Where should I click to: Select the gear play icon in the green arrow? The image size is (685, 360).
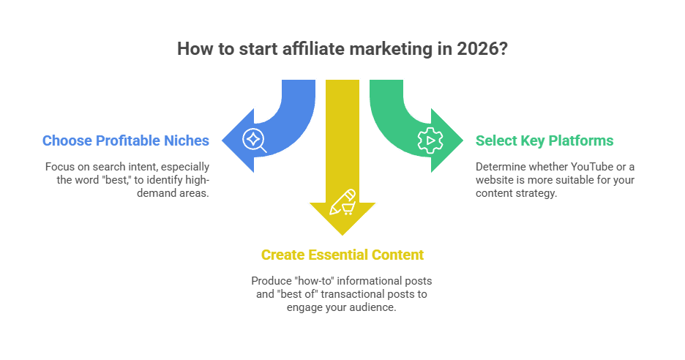coord(430,139)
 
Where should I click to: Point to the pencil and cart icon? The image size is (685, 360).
coord(342,202)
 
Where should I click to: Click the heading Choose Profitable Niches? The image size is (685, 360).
coord(126,140)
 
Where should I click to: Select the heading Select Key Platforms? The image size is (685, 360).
coord(544,140)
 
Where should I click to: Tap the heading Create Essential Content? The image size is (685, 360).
coord(342,255)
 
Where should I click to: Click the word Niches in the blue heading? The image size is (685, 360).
coord(188,140)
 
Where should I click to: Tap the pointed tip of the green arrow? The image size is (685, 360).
coord(464,139)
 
